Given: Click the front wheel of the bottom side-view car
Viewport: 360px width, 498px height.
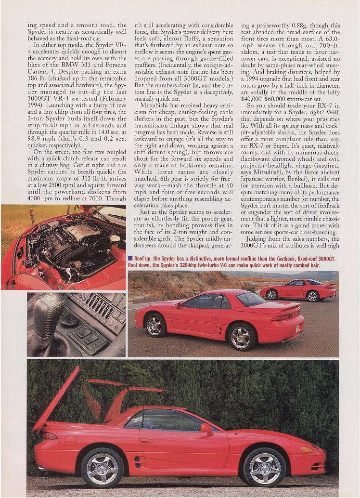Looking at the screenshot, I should click(264, 466).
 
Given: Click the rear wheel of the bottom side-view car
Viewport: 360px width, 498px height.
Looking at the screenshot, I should click(102, 467).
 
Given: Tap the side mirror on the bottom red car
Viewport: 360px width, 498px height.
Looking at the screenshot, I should click(207, 430).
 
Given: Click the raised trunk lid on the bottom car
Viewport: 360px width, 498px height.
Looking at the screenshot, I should click(55, 400).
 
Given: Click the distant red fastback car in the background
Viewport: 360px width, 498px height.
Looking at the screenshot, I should click(298, 288).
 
